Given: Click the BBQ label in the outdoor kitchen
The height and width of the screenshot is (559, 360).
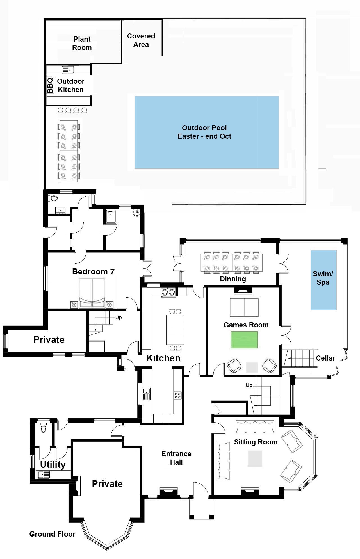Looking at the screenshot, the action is click(x=50, y=85).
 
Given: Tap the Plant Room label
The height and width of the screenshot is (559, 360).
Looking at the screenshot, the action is click(x=82, y=43).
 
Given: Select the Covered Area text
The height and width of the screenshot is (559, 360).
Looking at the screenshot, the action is click(x=141, y=40).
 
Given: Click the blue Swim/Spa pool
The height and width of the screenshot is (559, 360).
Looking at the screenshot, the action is click(x=323, y=280).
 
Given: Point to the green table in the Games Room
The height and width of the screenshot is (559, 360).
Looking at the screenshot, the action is click(x=244, y=340).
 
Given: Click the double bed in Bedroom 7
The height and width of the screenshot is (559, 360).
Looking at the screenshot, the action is click(x=92, y=293).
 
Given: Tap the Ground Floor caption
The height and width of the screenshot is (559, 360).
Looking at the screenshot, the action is click(x=52, y=534).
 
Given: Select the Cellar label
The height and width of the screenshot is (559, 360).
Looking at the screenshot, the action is click(x=325, y=358).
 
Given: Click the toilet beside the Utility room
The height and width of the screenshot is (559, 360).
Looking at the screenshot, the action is click(x=43, y=428).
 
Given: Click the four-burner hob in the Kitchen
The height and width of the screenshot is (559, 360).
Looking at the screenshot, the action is click(x=177, y=395).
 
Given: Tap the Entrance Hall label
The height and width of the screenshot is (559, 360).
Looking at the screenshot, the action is click(x=176, y=458).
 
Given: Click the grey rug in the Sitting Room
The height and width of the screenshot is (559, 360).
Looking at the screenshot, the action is click(x=255, y=459).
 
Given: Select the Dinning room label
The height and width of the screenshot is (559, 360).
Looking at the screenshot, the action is click(x=233, y=279).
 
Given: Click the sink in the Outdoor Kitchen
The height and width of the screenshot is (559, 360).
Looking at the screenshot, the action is click(x=68, y=70).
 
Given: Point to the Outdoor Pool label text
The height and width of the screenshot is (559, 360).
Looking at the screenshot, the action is click(x=204, y=132).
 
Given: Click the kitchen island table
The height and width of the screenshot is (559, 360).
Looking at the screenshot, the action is click(x=175, y=330).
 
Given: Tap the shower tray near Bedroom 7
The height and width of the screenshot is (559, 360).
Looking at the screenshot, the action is click(x=111, y=217).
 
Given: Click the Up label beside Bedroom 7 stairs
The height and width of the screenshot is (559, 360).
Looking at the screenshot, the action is click(x=119, y=318).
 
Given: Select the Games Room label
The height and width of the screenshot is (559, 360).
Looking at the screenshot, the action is click(x=246, y=325).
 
